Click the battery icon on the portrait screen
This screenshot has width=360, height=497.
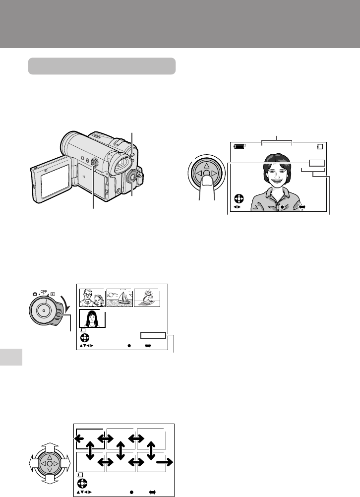coord(240,146)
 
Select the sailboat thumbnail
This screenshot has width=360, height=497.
coord(120,298)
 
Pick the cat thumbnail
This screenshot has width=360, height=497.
coord(147,298)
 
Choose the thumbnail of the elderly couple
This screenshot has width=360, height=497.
coord(92,298)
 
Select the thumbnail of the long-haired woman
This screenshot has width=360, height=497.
coord(92,318)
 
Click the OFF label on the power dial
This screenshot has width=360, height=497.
coord(44,292)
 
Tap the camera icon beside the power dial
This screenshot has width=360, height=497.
coord(35,294)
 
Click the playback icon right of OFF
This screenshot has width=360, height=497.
coord(53,294)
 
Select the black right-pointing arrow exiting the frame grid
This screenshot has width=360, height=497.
coord(165,462)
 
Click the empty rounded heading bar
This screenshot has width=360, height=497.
coord(102,66)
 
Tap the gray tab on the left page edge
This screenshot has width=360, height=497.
coord(11,357)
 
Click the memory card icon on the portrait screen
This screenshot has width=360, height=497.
coord(320,147)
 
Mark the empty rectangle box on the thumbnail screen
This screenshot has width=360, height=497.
coord(153,335)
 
